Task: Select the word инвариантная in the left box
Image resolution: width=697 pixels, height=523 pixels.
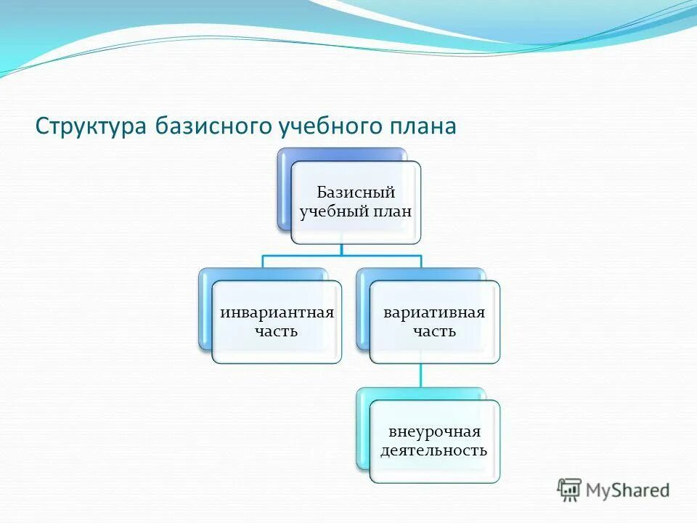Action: [277, 312]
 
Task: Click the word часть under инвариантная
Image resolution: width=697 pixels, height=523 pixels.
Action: [277, 331]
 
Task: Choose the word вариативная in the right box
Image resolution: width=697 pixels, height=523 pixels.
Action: [434, 312]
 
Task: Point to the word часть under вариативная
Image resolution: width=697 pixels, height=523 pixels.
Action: [434, 331]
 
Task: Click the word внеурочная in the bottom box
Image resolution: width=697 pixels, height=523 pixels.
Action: [434, 432]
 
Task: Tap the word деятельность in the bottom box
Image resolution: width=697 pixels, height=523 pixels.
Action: [434, 450]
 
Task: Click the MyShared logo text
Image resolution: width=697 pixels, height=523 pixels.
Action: [628, 490]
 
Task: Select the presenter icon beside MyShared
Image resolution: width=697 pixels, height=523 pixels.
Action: [570, 490]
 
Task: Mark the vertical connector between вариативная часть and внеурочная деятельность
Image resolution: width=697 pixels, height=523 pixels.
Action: [421, 375]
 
